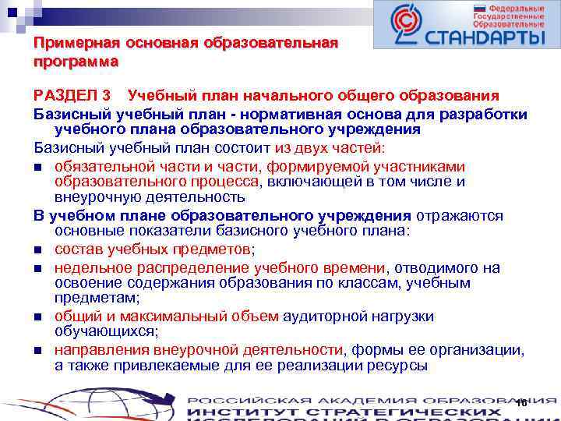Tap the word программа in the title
(x=76, y=61)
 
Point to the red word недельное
(x=90, y=267)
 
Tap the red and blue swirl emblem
(x=405, y=25)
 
